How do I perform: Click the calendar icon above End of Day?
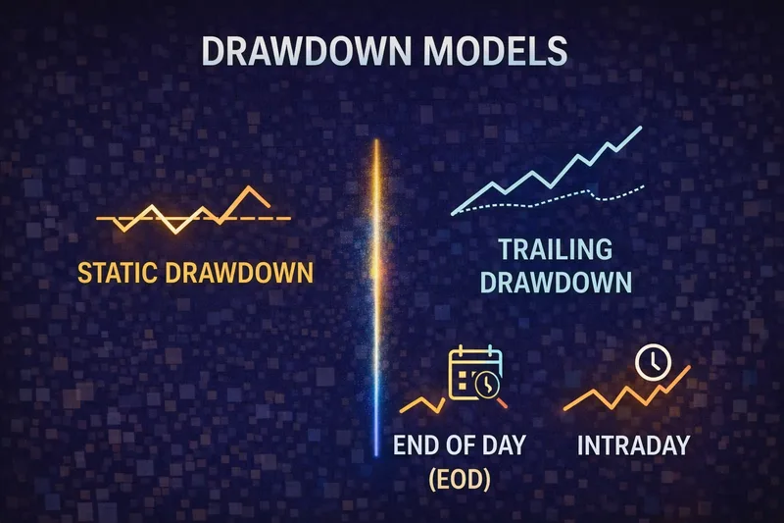(x=474, y=374)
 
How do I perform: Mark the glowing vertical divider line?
(x=376, y=294)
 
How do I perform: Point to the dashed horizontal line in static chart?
(x=279, y=216)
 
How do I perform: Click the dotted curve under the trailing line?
(x=588, y=194)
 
